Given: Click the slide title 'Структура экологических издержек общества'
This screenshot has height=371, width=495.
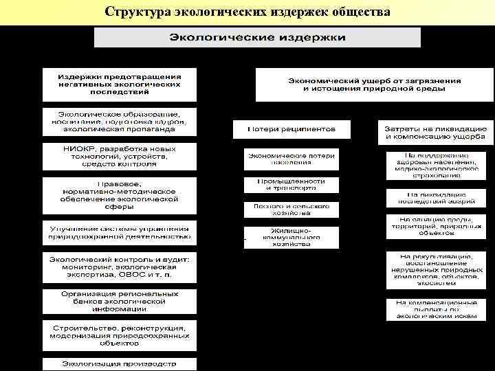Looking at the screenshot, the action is [x=247, y=12].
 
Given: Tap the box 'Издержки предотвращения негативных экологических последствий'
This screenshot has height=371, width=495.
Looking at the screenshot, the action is [x=119, y=84].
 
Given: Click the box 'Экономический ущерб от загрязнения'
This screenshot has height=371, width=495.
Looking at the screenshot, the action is [x=375, y=85].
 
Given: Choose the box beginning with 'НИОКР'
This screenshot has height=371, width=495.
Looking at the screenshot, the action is [x=119, y=156].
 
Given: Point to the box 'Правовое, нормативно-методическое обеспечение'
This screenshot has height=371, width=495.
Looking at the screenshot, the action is [x=119, y=195].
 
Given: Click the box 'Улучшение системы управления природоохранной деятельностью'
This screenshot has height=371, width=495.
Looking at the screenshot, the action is [x=119, y=233].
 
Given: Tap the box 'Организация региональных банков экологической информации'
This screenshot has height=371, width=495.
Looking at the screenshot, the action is [x=119, y=302].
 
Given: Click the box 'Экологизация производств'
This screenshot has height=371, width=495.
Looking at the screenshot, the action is [x=119, y=363].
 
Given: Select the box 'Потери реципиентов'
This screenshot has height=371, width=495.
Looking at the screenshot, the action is [x=291, y=128].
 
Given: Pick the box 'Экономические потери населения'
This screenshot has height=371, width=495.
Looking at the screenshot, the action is [x=291, y=159].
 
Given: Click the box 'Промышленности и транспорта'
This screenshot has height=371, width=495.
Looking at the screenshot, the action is [x=291, y=184].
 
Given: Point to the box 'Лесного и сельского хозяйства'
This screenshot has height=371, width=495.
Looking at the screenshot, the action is [x=291, y=209].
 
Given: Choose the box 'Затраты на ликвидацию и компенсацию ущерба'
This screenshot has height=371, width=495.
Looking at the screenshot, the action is [x=434, y=133].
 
